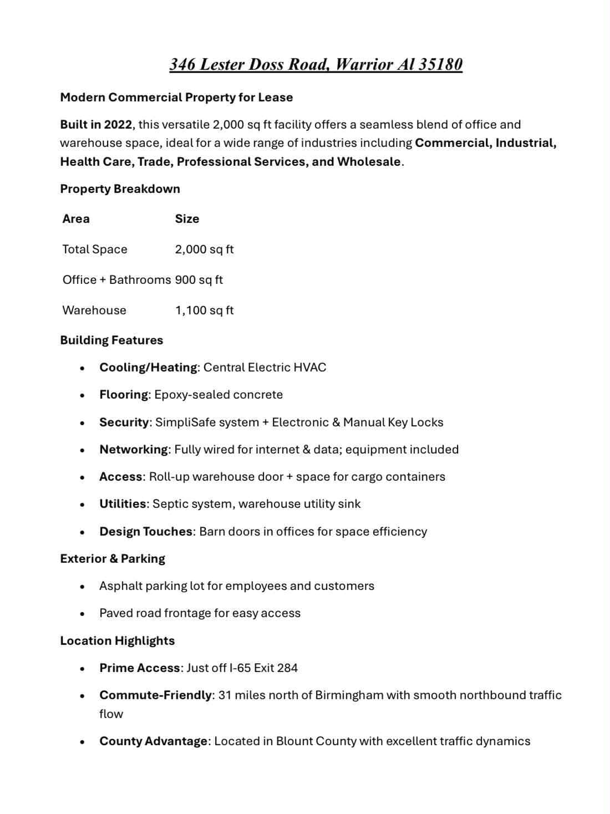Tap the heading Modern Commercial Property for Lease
coord(176,97)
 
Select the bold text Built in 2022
coord(96,124)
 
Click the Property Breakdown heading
coord(120,189)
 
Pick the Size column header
coord(187,218)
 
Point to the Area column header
coord(76,218)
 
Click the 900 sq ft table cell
coord(199,279)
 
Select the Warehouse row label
coord(94,310)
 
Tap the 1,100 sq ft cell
coord(204,310)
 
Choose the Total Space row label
coord(95,249)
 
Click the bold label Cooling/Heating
coord(148,367)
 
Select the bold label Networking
coord(134,449)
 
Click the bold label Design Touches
coord(146,531)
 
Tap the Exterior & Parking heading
coord(113,558)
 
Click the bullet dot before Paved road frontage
coord(82,613)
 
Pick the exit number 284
coord(287,668)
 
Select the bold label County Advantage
coord(153,741)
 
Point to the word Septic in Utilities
coord(170,504)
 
